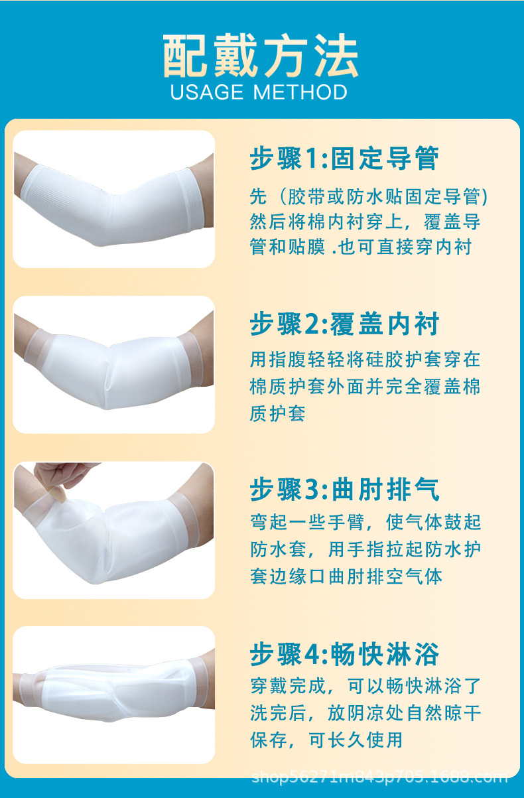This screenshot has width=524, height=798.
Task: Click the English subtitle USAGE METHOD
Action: (x=259, y=92)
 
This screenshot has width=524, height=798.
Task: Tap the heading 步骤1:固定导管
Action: (x=344, y=159)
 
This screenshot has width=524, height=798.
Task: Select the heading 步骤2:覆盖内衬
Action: (x=344, y=324)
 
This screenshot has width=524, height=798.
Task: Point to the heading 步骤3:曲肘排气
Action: (x=344, y=490)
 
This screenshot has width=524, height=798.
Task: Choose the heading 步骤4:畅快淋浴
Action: (x=344, y=655)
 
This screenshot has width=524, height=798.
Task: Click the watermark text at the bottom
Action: (x=379, y=777)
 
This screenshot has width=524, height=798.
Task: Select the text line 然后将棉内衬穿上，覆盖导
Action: (x=365, y=222)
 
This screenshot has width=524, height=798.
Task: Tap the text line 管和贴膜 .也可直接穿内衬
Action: (x=360, y=247)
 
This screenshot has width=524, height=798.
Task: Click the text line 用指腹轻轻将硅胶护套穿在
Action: (x=365, y=360)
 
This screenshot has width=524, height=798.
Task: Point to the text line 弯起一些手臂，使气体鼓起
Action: (x=365, y=523)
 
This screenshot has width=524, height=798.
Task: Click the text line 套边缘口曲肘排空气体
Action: (x=346, y=575)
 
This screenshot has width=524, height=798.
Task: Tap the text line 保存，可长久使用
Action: (x=326, y=739)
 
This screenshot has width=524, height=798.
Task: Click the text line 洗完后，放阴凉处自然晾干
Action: (x=365, y=713)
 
